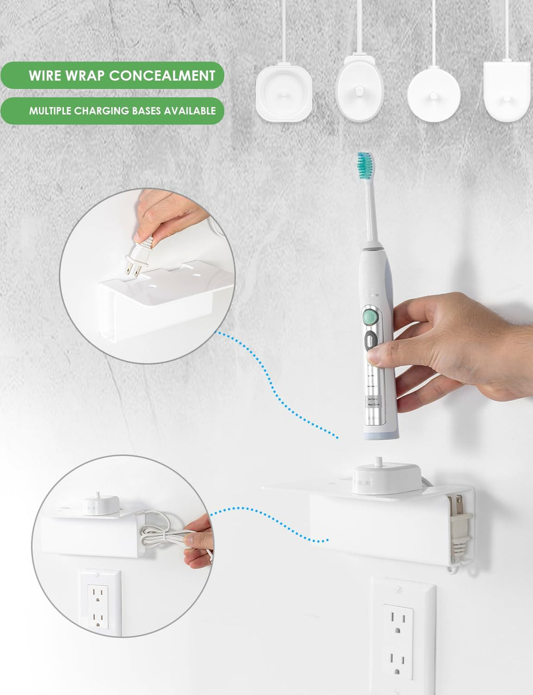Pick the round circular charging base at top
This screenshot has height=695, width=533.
click(x=434, y=94)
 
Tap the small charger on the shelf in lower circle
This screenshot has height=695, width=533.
click(x=101, y=503)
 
